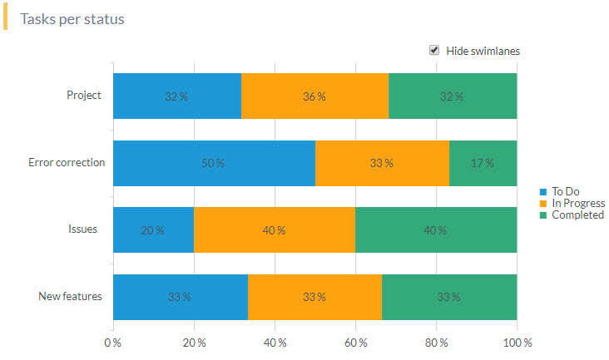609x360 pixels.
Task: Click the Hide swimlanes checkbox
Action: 434,50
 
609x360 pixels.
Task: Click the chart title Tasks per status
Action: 72,18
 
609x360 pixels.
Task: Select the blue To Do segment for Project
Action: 176,96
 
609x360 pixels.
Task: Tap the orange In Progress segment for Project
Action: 314,96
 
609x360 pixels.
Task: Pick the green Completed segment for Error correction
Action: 483,163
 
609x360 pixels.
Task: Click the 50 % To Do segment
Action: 214,163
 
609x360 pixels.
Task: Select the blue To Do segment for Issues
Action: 153,230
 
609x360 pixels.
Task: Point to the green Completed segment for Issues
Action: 436,230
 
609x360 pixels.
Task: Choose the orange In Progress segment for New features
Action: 314,297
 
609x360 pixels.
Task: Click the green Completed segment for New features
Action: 449,297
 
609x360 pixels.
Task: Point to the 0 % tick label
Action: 112,343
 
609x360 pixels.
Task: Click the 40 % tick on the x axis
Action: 275,343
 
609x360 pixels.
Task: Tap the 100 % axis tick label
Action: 517,343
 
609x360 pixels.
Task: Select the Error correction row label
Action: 67,162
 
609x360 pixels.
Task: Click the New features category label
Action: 70,296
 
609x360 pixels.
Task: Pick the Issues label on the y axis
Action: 83,229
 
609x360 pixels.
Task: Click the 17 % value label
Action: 483,163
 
